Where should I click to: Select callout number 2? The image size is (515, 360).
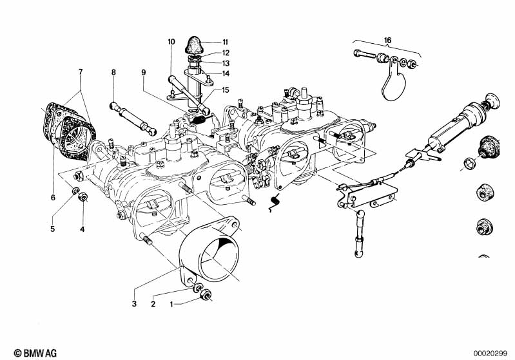[x=153, y=303]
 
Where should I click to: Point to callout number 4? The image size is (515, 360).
[x=82, y=229]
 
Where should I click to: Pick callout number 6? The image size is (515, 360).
[x=52, y=199]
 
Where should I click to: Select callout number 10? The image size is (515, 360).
[x=171, y=42]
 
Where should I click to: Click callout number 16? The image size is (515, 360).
[x=387, y=40]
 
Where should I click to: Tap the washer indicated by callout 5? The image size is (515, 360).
[x=75, y=191]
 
